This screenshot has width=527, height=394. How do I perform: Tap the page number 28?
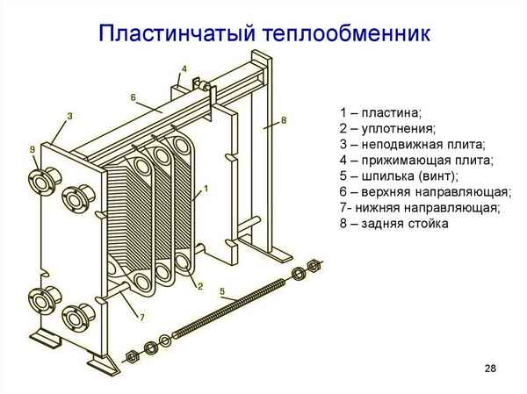(x=489, y=367)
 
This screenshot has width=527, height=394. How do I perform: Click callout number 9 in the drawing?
(x=32, y=150)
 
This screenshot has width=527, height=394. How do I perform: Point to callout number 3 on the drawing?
(x=69, y=116)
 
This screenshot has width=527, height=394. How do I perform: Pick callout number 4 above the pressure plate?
(x=184, y=68)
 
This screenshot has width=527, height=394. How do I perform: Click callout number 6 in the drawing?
(x=133, y=97)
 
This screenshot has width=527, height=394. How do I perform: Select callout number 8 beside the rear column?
(x=284, y=118)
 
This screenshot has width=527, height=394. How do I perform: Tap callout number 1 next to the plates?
(x=206, y=188)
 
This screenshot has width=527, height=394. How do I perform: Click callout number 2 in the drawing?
(x=200, y=286)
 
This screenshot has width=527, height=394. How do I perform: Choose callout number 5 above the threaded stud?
(x=222, y=291)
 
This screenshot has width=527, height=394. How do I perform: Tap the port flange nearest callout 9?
(x=40, y=183)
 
